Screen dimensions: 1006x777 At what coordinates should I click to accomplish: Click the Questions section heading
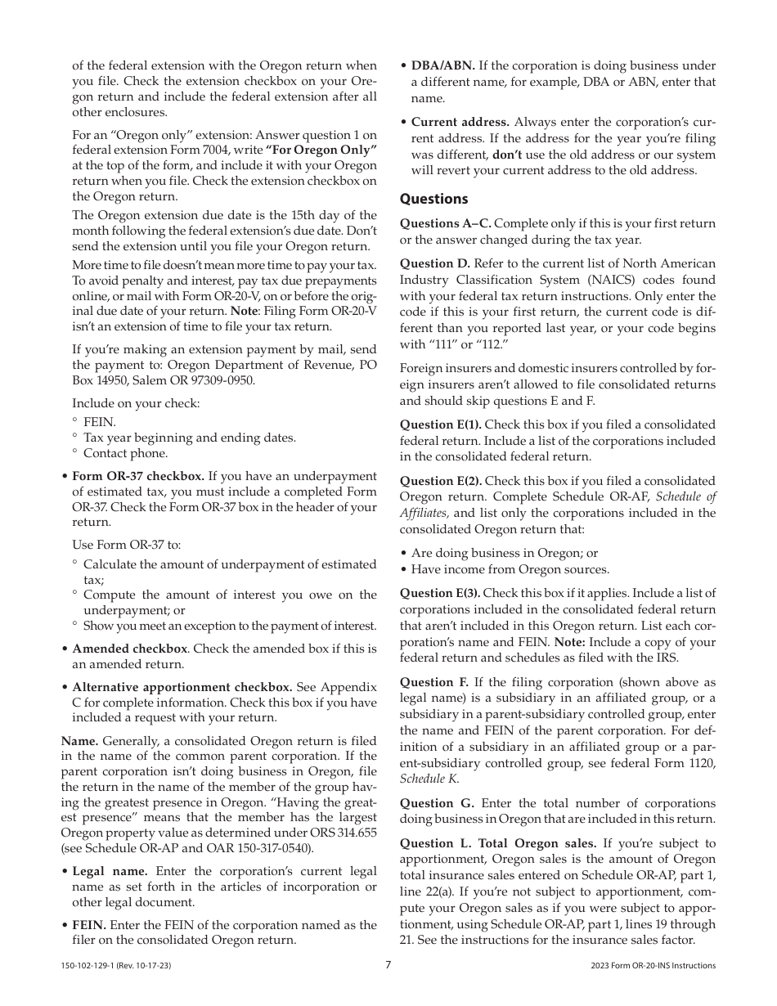(433, 199)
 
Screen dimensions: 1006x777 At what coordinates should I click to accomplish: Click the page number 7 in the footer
(388, 965)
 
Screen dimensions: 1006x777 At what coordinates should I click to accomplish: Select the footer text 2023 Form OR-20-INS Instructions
(653, 966)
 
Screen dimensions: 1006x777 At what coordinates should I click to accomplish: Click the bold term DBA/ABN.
(442, 65)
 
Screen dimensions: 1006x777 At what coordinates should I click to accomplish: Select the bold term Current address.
(460, 123)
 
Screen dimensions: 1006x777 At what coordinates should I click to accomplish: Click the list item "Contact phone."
(125, 453)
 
